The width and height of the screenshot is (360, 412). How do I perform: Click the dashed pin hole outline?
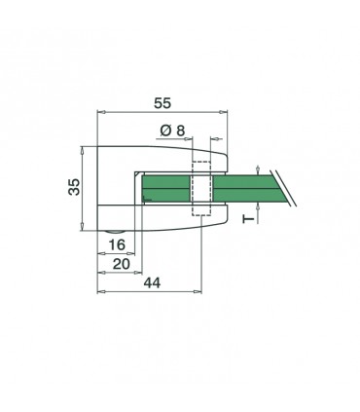click(x=202, y=187)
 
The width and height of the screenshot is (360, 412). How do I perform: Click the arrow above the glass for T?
click(x=257, y=169)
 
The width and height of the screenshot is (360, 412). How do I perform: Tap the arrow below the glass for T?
click(x=257, y=206)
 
